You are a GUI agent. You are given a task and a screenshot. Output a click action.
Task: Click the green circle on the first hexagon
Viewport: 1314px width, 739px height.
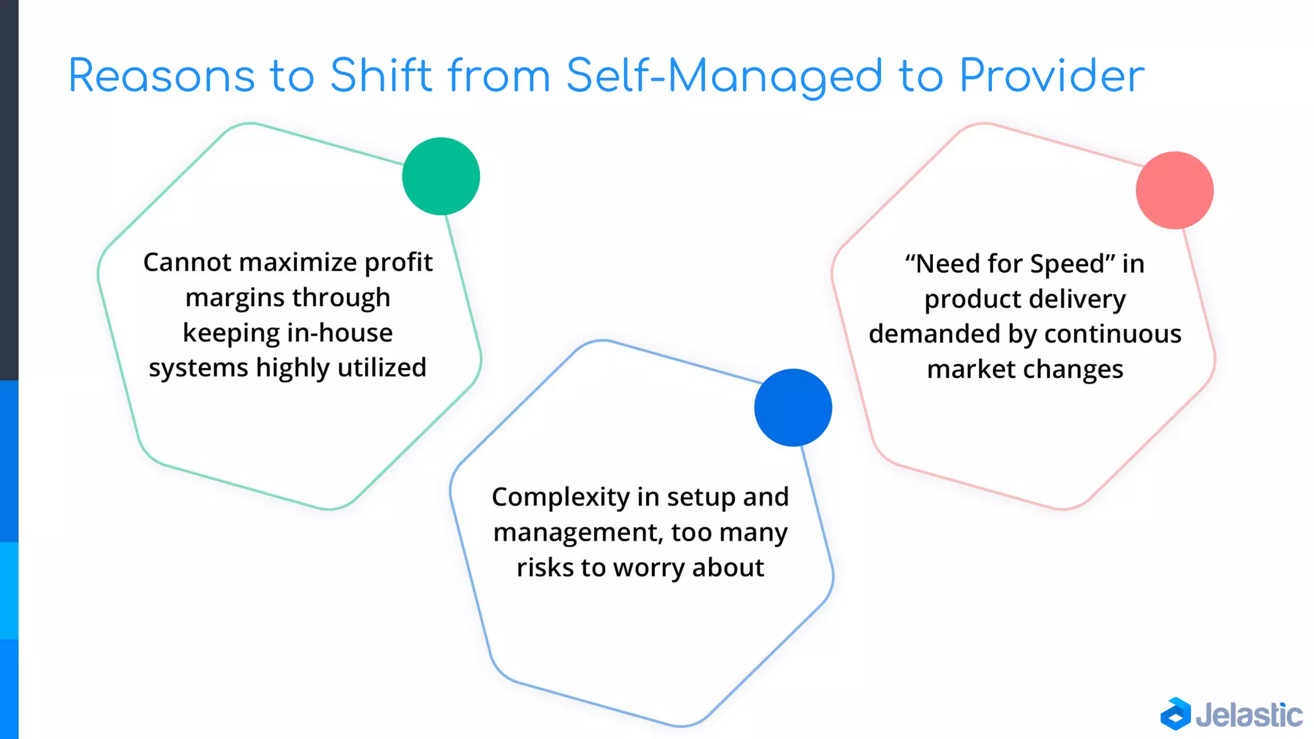click(x=441, y=176)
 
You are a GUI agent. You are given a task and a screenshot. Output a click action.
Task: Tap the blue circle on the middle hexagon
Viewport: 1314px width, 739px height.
click(x=793, y=407)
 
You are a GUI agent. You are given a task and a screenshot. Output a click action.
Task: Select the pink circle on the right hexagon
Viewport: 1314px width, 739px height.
click(x=1174, y=191)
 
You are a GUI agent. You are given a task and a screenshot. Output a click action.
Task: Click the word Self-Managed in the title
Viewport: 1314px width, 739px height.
click(x=724, y=76)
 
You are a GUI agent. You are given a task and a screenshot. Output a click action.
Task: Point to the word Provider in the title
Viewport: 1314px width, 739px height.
click(x=1052, y=76)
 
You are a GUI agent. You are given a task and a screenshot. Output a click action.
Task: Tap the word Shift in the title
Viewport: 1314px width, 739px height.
click(x=381, y=76)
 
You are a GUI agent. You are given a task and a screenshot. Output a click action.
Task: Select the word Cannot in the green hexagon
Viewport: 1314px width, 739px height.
click(x=187, y=262)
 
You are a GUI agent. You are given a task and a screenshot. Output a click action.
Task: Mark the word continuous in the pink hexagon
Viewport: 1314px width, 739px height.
click(x=1113, y=334)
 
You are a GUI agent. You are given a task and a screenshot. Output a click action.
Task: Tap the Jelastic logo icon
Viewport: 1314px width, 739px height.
click(x=1175, y=714)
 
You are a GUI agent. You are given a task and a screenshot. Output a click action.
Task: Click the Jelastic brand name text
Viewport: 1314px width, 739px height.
click(x=1249, y=715)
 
